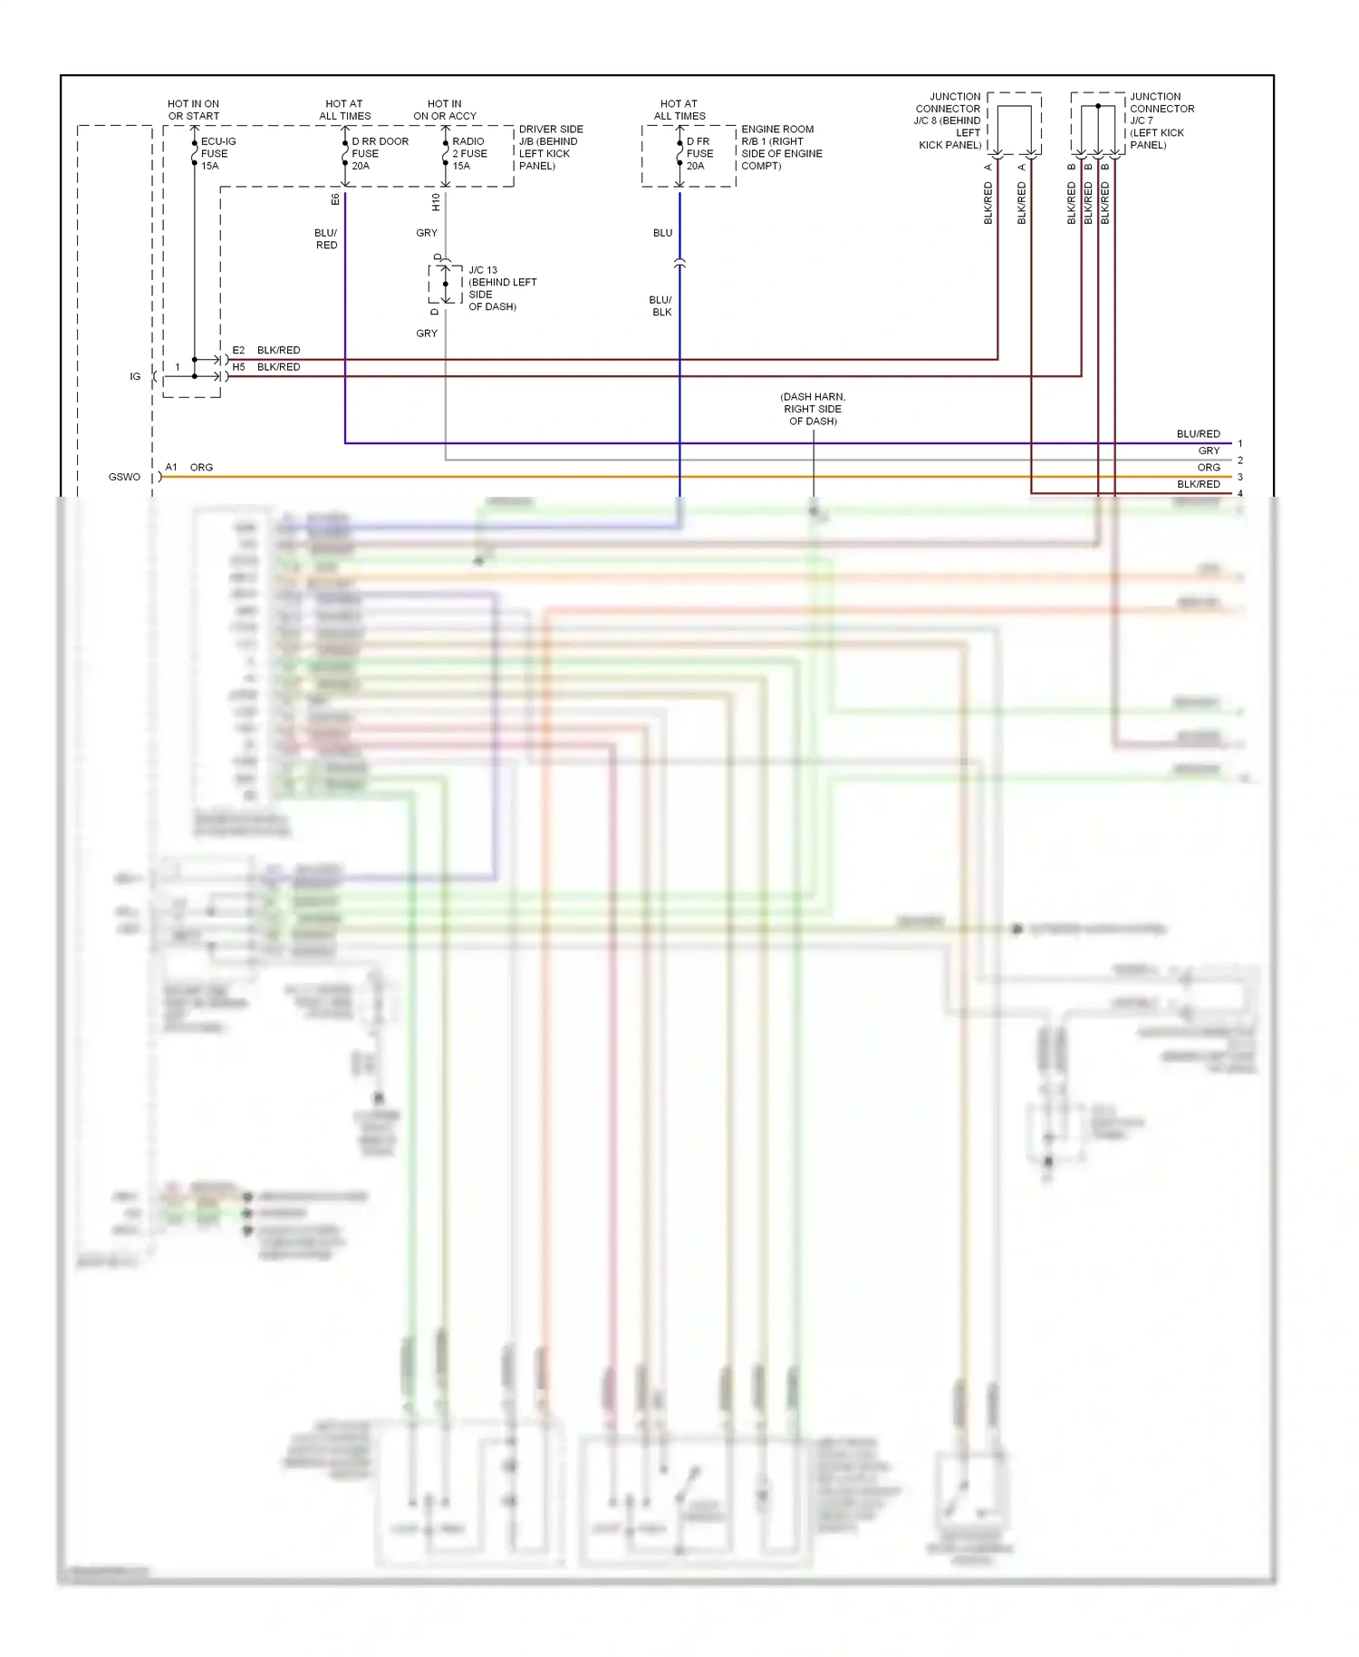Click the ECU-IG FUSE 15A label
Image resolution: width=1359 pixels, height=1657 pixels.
(217, 154)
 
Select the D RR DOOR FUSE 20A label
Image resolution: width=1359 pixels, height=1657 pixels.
(379, 154)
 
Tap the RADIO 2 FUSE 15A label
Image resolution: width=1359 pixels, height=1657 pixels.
(469, 154)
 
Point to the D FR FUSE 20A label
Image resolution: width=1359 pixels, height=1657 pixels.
(699, 154)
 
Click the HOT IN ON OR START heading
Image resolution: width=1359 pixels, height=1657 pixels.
(193, 110)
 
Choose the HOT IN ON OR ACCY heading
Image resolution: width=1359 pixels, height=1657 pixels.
(444, 110)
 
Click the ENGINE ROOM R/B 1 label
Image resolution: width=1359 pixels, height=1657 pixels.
(781, 148)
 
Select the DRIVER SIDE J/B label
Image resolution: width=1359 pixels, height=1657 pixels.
(550, 148)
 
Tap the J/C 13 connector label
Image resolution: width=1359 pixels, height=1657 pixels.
(502, 288)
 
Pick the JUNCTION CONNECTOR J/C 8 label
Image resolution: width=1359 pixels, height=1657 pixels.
(949, 121)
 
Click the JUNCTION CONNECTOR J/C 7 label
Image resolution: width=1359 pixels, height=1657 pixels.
(1161, 121)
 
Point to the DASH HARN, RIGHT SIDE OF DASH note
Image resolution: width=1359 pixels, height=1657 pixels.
(813, 409)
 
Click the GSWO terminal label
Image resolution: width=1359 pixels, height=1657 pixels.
(124, 477)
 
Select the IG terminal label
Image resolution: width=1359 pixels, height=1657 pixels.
(135, 376)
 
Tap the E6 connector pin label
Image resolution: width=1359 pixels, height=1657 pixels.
(335, 199)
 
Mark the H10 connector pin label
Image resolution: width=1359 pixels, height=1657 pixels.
(436, 201)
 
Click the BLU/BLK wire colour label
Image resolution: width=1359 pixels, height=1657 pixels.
(660, 306)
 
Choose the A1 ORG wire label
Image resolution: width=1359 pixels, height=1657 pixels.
(188, 468)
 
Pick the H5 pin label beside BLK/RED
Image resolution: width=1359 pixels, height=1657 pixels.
(238, 367)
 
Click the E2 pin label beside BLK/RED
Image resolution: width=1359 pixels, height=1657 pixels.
(238, 350)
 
